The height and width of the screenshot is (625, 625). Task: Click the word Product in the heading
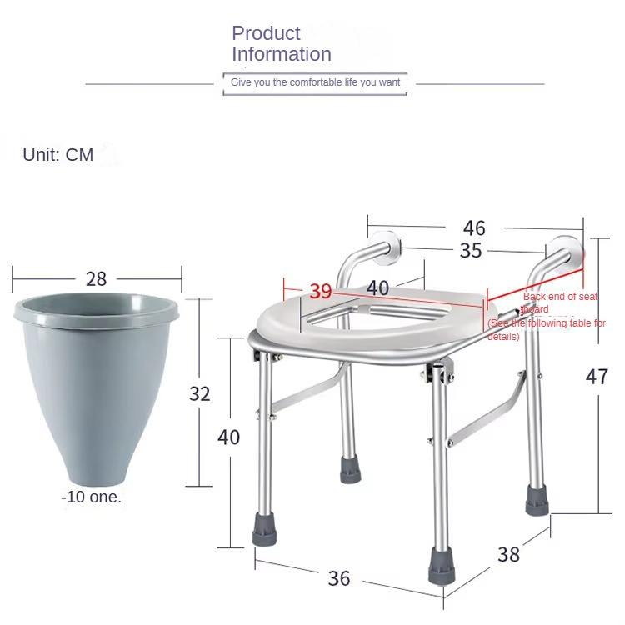(266, 33)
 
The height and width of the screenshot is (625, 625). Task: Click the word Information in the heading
(282, 54)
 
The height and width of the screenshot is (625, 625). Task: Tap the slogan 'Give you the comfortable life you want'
(315, 82)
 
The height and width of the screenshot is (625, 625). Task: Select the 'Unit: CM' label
(58, 155)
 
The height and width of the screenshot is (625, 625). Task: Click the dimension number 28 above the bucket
(96, 278)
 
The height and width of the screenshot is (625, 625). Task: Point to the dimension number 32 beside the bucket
(200, 394)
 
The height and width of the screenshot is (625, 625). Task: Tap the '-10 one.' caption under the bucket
(91, 497)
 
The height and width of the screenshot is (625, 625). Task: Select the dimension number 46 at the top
(474, 228)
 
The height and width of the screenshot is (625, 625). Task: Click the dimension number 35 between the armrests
(471, 250)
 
